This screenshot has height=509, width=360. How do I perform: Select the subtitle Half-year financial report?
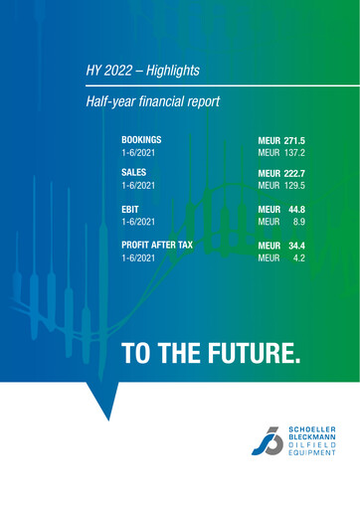pyautogui.click(x=153, y=101)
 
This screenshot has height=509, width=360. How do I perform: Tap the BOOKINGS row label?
pyautogui.click(x=141, y=141)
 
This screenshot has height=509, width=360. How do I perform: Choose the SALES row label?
pyautogui.click(x=134, y=172)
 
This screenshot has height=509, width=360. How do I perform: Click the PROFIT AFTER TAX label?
pyautogui.click(x=157, y=244)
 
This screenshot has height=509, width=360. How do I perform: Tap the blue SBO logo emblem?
pyautogui.click(x=268, y=438)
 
